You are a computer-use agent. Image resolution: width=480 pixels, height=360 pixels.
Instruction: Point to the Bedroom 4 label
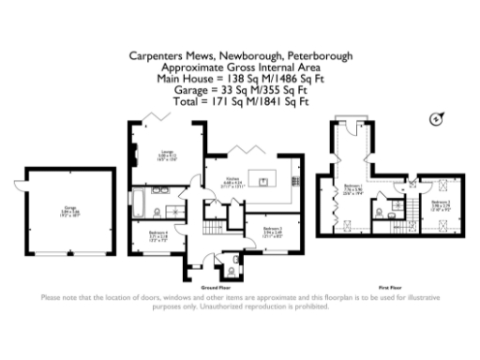click(x=156, y=238)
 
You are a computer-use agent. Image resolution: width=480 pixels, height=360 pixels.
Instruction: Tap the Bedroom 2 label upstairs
click(x=442, y=204)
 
